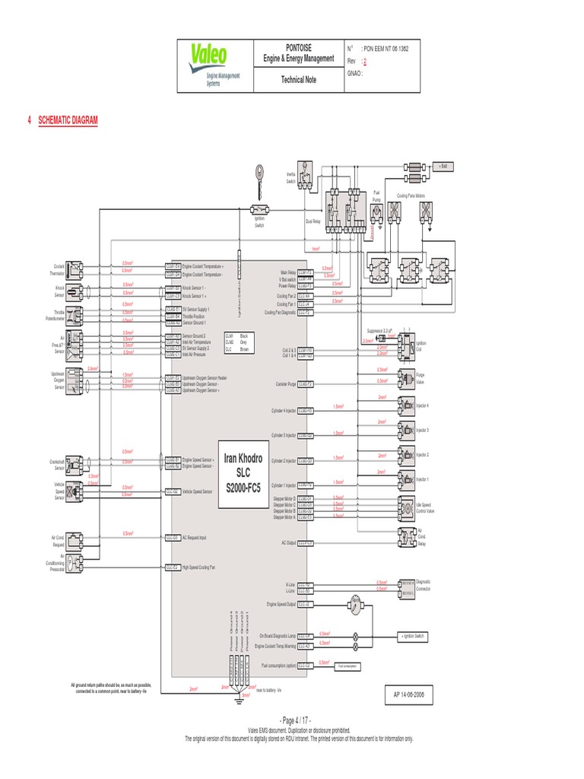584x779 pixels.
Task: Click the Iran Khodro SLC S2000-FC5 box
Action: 242,469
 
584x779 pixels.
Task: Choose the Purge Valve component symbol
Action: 404,377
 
